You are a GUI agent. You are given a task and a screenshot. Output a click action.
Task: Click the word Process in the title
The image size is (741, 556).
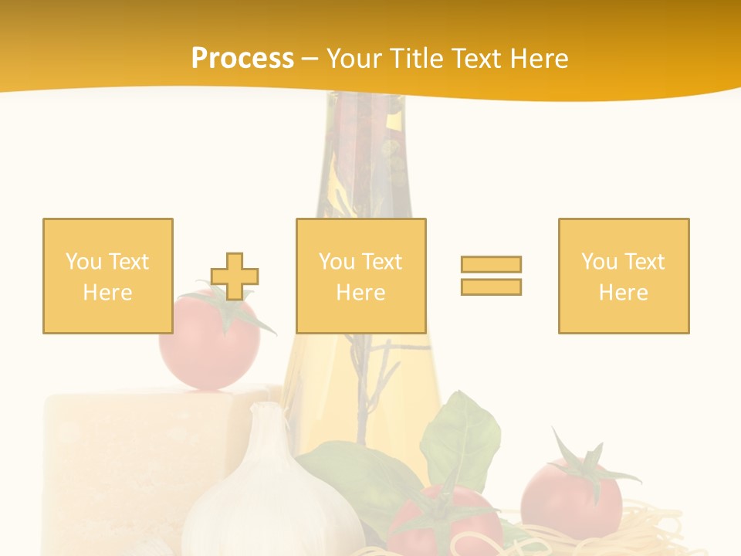[242, 59]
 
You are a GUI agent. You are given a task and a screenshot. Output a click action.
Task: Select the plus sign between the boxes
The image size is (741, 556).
[235, 276]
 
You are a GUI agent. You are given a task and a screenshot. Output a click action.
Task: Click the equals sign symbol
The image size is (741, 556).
[491, 276]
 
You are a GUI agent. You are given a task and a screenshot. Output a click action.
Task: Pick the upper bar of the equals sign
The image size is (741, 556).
[491, 265]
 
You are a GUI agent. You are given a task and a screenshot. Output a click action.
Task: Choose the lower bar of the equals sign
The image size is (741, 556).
[491, 286]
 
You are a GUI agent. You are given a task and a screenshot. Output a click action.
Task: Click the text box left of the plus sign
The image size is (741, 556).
[108, 276]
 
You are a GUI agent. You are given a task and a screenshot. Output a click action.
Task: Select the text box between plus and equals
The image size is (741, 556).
[360, 276]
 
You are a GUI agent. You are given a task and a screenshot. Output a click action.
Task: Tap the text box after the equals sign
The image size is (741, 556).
[624, 276]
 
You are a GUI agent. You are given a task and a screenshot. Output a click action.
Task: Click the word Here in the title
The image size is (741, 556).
[538, 59]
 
